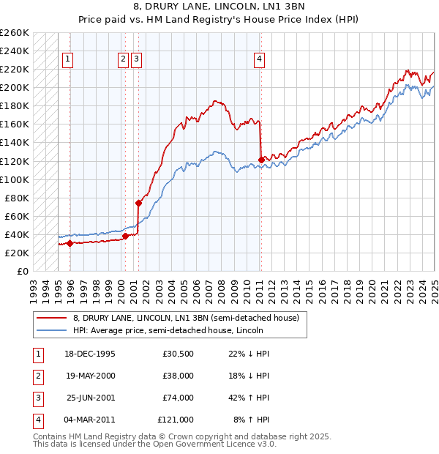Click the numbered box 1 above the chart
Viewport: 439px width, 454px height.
pos(67,60)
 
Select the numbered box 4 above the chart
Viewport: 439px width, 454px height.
pos(260,60)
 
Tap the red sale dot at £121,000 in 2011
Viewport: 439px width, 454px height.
pos(261,160)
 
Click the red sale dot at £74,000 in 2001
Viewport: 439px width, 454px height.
pos(138,203)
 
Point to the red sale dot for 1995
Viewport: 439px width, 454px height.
pos(70,243)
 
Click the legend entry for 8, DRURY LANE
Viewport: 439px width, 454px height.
pos(186,318)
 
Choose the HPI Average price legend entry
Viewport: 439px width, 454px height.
pos(168,331)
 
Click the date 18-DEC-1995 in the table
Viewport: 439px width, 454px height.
pos(90,354)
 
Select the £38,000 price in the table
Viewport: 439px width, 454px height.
pos(178,376)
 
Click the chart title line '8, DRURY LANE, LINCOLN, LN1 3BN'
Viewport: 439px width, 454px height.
pos(219,8)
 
